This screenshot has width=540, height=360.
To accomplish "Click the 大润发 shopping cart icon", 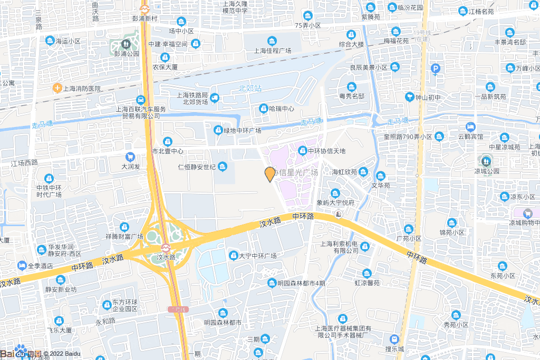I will [x=130, y=157].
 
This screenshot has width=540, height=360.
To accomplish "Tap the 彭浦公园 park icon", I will [x=126, y=44].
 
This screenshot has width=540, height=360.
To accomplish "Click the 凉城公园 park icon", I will [x=486, y=160].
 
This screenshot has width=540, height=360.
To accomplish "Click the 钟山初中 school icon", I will [x=409, y=98].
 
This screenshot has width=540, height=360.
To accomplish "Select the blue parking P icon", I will [x=436, y=69].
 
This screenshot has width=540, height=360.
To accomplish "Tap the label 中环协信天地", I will [x=326, y=151].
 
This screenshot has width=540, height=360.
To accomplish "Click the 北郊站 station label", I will [x=250, y=89].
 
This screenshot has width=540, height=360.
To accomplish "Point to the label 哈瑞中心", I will [x=281, y=109].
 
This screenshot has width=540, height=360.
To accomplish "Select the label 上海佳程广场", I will [x=273, y=51].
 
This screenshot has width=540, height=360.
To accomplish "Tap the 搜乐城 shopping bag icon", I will [x=394, y=339].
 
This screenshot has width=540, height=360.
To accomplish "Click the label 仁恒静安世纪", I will [x=196, y=167].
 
